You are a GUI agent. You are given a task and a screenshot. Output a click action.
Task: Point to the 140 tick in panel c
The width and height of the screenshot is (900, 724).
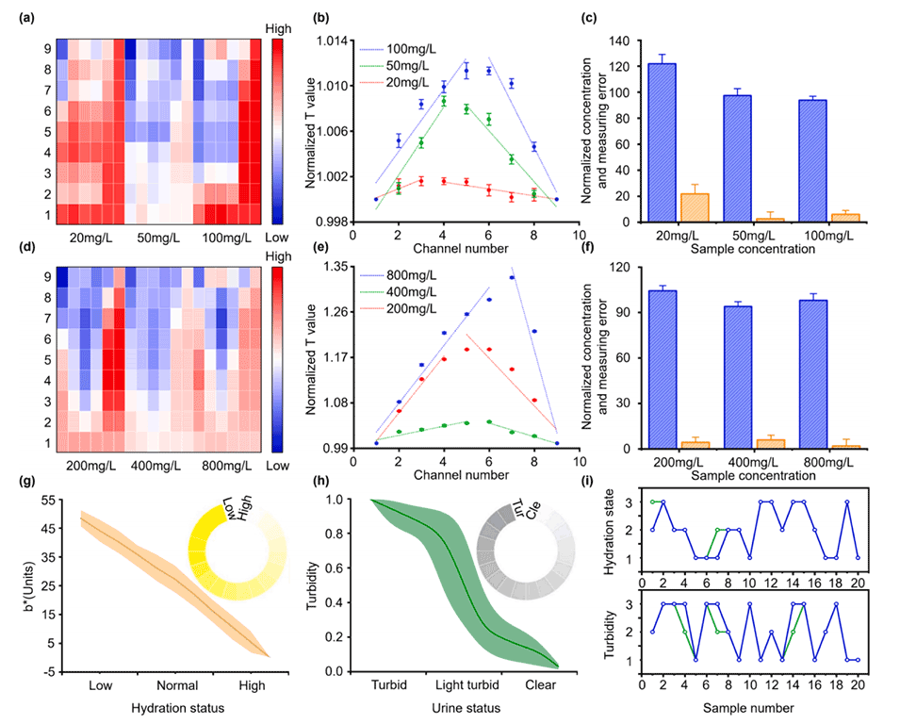click(618, 41)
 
